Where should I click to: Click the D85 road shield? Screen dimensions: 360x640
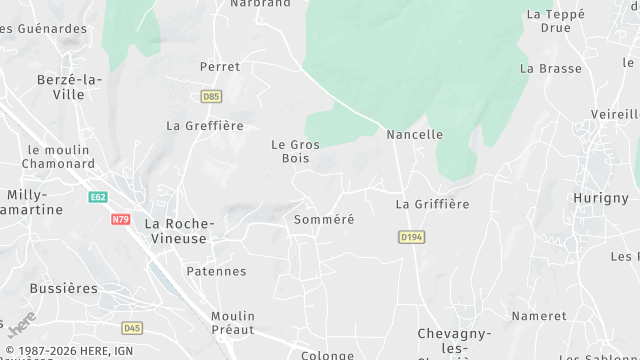coord(211,97)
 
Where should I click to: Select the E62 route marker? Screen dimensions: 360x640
coord(97,197)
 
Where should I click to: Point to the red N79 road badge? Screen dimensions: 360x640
coord(121,219)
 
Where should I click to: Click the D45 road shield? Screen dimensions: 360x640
coord(132,328)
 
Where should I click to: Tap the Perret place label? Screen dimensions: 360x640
coord(220,67)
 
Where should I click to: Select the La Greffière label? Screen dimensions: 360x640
coord(205,126)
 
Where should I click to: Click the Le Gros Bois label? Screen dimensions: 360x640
coord(296,151)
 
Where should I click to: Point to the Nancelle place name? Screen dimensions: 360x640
coord(414,134)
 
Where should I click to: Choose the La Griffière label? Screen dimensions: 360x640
coord(432,204)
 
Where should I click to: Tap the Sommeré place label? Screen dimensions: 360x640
coord(324,218)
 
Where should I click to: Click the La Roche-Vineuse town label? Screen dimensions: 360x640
coord(176,231)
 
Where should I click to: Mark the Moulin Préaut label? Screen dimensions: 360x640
coord(233,323)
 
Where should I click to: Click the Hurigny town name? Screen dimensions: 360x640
coord(600,198)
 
